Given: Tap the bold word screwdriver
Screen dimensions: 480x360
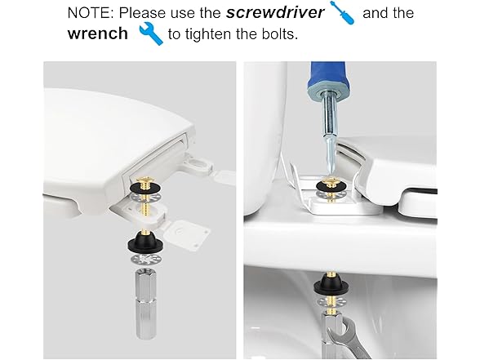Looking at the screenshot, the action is [275, 13].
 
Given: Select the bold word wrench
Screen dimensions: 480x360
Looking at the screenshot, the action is [98, 33].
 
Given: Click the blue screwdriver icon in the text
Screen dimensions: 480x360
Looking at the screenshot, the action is [343, 13].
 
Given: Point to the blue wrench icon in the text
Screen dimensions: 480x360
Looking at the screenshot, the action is [151, 33].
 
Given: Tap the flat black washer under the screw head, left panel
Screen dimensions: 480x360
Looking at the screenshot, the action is [146, 187].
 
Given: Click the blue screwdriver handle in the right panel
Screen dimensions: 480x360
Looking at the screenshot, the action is [328, 77].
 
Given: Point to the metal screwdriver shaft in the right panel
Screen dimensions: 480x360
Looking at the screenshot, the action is [330, 135].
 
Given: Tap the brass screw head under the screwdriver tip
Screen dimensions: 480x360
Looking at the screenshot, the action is [331, 183].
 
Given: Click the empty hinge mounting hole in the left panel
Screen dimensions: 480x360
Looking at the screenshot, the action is [199, 164].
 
